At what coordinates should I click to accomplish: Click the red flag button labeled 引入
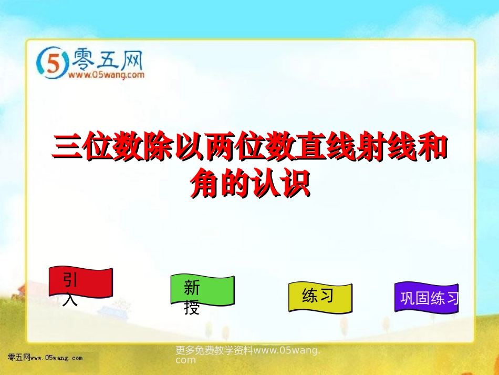click(81, 282)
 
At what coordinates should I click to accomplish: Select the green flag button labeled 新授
click(202, 290)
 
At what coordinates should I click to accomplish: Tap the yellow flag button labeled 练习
click(320, 297)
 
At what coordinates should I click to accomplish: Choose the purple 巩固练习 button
click(427, 298)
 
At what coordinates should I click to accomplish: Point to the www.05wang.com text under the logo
click(106, 75)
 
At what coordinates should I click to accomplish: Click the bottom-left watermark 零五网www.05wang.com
click(45, 358)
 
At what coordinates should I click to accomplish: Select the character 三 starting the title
click(67, 148)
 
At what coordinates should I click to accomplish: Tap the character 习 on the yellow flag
click(327, 296)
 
